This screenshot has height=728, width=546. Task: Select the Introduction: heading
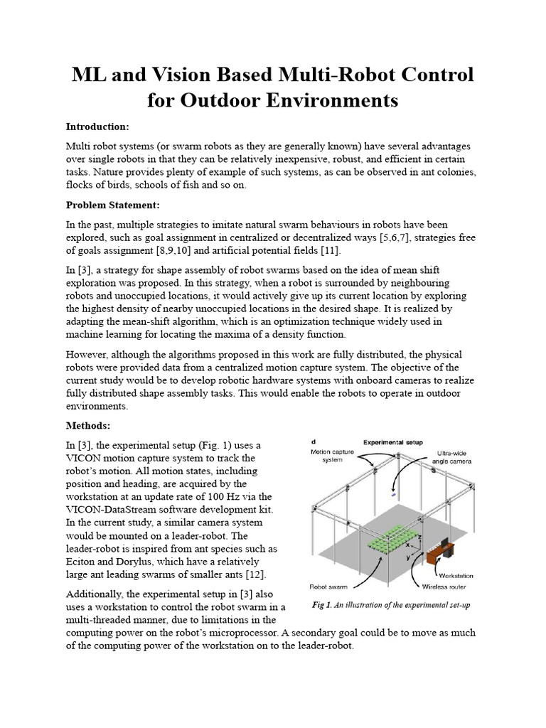click(x=97, y=127)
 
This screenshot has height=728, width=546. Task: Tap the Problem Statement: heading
click(x=113, y=205)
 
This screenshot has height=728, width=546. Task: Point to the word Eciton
click(x=83, y=562)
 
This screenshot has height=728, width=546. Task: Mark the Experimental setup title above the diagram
click(x=392, y=441)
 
